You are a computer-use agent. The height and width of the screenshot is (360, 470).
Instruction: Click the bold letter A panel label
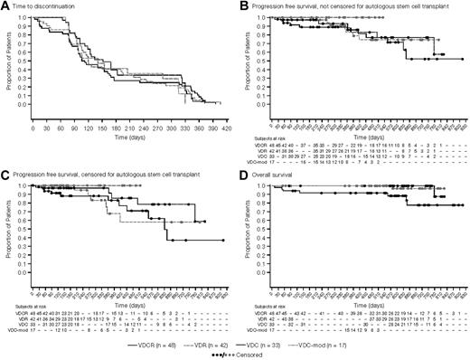click(x=5, y=5)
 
